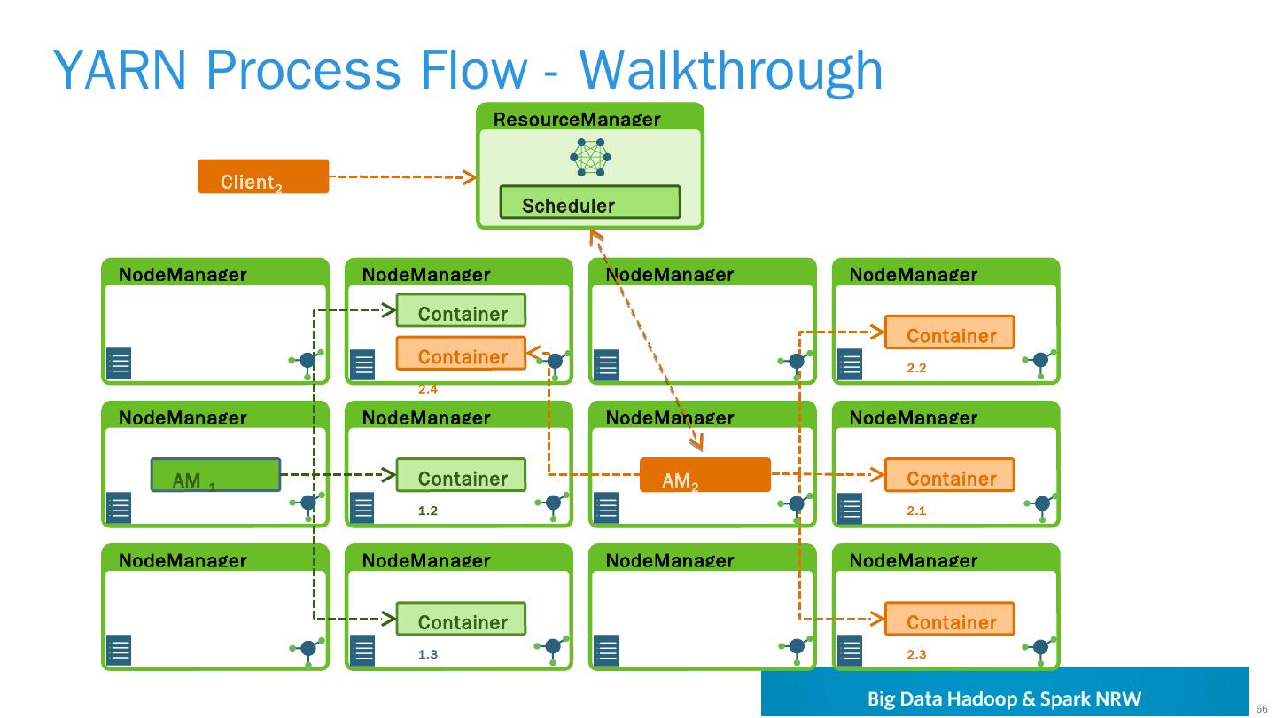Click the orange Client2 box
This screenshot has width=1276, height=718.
[263, 176]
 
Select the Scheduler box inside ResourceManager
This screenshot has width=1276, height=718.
[590, 202]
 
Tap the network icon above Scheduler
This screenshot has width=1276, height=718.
[591, 158]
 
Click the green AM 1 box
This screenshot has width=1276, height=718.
[215, 475]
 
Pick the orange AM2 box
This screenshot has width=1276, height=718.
[705, 475]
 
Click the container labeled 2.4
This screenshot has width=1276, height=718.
[461, 353]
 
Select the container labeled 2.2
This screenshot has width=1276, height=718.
[949, 332]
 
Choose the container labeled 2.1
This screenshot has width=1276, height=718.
[949, 475]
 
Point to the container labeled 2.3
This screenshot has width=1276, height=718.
[949, 619]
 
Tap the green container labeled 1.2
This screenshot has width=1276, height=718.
[461, 475]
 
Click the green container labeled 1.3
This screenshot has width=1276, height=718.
[461, 619]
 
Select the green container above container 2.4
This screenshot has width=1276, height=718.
[461, 310]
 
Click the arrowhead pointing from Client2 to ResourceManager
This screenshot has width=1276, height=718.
[470, 177]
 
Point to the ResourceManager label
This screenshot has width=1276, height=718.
[577, 119]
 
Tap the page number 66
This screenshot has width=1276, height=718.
[1262, 707]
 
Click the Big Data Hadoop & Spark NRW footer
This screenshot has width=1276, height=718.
[1004, 698]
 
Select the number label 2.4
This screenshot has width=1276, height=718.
[428, 388]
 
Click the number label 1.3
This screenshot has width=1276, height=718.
[428, 654]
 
